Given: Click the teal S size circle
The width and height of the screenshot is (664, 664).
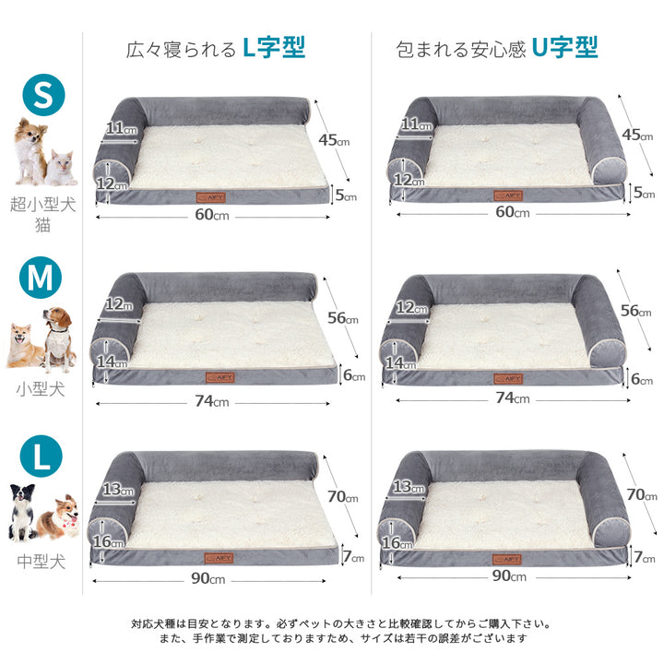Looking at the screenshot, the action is point(43,94).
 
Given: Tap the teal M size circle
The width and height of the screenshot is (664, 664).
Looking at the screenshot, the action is point(41,278).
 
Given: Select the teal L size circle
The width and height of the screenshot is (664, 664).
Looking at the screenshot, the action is point(41,456).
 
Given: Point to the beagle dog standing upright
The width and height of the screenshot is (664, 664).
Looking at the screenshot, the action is point(58,338).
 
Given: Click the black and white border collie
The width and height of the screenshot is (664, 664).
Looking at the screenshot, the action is point(22,513).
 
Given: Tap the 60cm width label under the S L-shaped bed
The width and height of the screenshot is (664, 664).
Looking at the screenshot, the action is point(212,215).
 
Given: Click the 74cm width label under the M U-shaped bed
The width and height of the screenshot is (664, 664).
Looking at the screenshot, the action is point(513,398).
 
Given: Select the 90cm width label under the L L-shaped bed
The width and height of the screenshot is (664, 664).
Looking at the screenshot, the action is point(207,578).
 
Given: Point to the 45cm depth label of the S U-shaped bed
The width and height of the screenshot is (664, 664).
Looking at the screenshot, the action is point(637,135).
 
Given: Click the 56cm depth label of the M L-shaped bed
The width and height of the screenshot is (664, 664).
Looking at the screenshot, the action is point(342,318).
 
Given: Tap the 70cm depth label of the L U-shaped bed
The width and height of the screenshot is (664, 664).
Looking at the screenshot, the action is point(642,494).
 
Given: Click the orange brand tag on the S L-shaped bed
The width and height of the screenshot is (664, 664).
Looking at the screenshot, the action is point(210,197).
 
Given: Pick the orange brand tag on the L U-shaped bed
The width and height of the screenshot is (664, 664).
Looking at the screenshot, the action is point(507,560).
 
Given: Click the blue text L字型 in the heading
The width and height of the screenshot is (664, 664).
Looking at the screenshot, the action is point(274,48).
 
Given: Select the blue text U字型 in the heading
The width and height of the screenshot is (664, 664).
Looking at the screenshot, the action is point(565,47).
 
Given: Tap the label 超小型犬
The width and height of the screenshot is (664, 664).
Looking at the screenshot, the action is point(42,205).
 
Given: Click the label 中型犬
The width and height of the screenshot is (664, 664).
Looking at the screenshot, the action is point(41,562).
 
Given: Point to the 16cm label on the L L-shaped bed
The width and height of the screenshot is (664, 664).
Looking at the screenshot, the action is point(109,541).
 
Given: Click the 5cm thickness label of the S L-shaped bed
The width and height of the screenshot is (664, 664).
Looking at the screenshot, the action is point(346,196).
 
